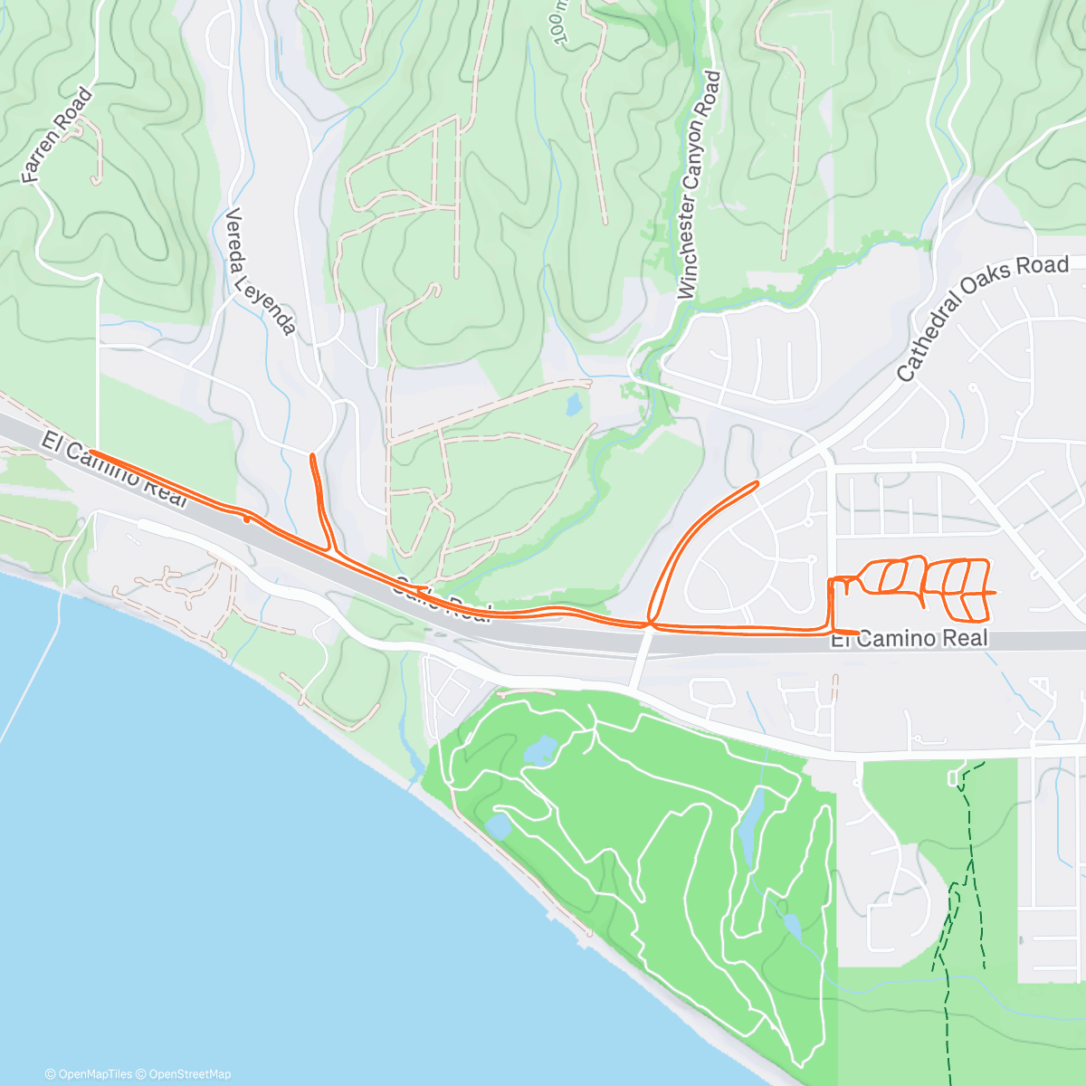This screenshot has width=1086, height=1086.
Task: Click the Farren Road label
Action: point(57,136)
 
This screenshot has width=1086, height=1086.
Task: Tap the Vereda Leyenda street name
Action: point(260,271)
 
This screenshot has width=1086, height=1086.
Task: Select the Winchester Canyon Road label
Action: point(700,186)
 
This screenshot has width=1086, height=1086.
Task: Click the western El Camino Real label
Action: point(113,470)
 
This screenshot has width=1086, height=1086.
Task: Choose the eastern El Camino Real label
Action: point(910,639)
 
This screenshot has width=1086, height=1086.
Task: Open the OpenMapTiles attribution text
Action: point(89,1074)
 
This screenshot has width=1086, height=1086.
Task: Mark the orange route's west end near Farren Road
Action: point(90,452)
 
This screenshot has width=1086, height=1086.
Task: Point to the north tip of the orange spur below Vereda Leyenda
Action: point(312,455)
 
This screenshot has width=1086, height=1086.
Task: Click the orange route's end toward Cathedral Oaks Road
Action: point(756,484)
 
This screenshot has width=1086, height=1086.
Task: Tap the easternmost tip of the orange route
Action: point(995,592)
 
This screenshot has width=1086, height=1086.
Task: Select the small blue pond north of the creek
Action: point(574,405)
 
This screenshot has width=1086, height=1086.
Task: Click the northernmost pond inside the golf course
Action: point(540,749)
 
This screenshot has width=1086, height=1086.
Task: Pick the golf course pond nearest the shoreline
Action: point(499,825)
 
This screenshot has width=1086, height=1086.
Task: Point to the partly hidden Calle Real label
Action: point(441,602)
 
